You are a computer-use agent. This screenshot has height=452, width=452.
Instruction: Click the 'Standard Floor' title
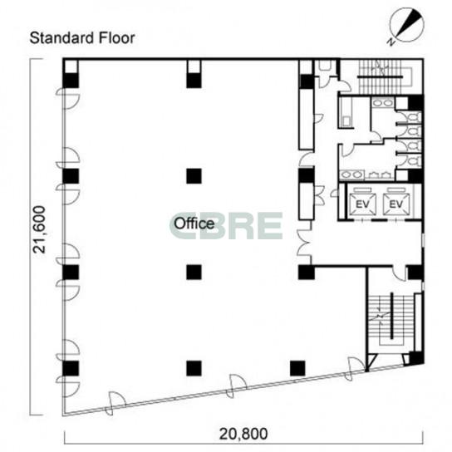coord(82,38)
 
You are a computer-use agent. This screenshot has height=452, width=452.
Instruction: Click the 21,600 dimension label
coord(39,229)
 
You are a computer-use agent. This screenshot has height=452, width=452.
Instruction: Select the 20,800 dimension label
coord(243,434)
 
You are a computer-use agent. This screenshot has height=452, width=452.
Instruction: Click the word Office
coord(194,224)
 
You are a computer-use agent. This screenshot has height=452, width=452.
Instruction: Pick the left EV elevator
coord(362,204)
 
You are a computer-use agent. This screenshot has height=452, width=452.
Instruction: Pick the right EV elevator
coord(396,204)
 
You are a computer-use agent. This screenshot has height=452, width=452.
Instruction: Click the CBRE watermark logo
coord(226,226)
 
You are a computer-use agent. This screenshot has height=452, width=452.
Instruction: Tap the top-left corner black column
coord(71,81)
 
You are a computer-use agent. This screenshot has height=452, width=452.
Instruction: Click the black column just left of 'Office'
coord(194,176)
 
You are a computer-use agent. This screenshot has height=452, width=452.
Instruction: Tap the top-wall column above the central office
coord(194,81)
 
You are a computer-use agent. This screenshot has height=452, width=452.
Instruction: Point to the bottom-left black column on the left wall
coord(71,368)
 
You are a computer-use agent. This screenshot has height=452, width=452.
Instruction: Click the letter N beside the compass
coord(391,42)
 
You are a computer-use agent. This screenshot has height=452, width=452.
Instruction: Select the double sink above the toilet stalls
coord(383,103)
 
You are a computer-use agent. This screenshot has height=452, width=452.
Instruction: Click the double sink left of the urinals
coord(351,174)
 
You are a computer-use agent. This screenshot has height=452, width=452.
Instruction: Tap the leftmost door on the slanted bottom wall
coord(115,403)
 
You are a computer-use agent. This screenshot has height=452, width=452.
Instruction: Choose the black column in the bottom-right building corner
coord(416,358)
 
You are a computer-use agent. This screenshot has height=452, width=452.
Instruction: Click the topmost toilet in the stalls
coord(414,117)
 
